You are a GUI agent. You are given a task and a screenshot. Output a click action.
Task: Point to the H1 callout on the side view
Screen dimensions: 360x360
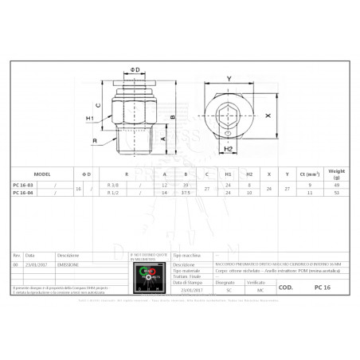click(91, 119)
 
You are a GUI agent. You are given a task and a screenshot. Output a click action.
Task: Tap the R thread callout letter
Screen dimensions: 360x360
click(95, 142)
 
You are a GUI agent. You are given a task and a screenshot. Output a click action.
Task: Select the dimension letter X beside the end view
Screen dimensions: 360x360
click(268, 115)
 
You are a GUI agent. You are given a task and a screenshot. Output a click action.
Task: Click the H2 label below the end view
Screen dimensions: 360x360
click(228, 149)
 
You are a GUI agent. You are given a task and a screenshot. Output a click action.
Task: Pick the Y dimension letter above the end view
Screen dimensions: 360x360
click(229, 79)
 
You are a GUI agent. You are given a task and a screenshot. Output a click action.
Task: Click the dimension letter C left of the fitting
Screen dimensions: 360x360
click(97, 104)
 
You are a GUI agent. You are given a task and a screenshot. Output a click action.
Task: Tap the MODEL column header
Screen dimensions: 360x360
click(41, 173)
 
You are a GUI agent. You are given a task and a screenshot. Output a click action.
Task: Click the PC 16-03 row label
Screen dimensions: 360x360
click(24, 185)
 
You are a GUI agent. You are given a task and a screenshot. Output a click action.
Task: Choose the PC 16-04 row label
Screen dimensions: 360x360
click(24, 192)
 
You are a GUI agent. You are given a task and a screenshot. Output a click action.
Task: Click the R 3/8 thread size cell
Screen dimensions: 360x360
click(113, 185)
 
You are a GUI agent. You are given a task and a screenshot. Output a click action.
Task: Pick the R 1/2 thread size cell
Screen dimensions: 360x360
click(113, 192)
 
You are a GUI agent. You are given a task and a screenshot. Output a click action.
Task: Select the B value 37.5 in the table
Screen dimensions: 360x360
click(186, 192)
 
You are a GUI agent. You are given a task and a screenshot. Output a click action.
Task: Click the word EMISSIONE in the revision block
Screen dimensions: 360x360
click(68, 263)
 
